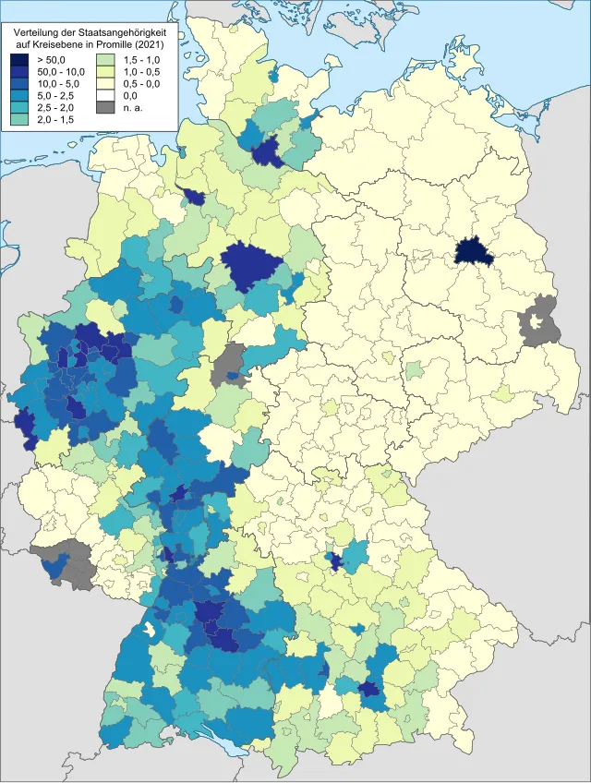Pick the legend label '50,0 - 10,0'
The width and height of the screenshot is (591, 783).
(60, 72)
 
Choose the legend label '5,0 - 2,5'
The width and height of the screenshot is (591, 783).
(56, 96)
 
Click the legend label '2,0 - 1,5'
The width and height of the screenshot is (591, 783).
(56, 120)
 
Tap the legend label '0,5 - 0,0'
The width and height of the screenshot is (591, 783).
(143, 84)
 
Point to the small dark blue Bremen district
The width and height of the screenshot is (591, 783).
(195, 197)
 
